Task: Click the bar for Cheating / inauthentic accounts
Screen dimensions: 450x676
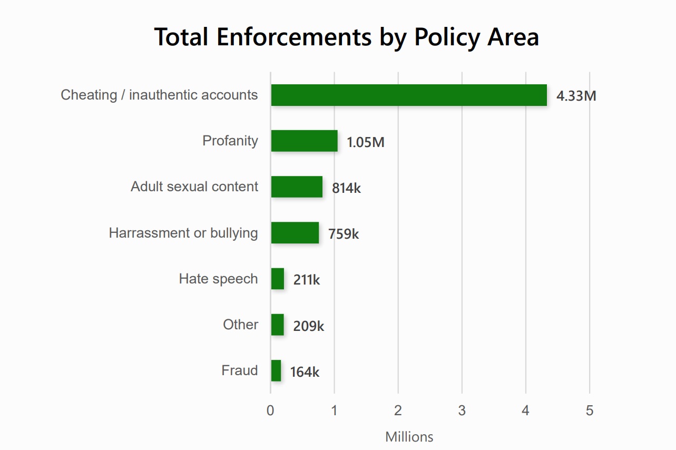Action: click(x=408, y=95)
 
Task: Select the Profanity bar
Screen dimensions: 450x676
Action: click(x=304, y=141)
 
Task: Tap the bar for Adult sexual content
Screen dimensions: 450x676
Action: click(x=297, y=187)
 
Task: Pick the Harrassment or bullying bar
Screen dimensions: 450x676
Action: click(x=295, y=233)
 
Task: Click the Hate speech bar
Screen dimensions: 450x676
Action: click(x=278, y=279)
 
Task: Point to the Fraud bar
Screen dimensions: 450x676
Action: click(x=276, y=371)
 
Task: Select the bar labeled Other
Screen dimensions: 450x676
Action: click(x=278, y=325)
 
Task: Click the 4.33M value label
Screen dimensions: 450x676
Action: click(x=576, y=96)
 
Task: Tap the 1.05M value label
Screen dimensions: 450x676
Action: click(x=366, y=142)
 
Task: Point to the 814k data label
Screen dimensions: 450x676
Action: click(x=346, y=188)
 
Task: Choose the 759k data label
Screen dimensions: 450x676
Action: click(x=344, y=234)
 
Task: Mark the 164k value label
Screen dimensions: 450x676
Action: click(x=305, y=372)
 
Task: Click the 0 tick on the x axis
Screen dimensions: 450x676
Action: click(x=270, y=411)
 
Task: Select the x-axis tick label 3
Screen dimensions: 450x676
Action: click(x=462, y=411)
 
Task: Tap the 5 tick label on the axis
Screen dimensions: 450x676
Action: click(x=589, y=411)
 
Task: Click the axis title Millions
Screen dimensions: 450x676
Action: click(x=409, y=437)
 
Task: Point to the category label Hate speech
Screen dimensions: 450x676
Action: click(x=218, y=279)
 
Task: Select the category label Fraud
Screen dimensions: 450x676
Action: click(x=240, y=370)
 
